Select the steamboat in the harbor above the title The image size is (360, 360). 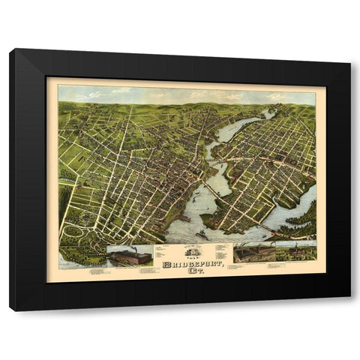(x=201, y=235)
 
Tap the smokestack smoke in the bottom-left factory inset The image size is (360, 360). (x=127, y=248)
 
